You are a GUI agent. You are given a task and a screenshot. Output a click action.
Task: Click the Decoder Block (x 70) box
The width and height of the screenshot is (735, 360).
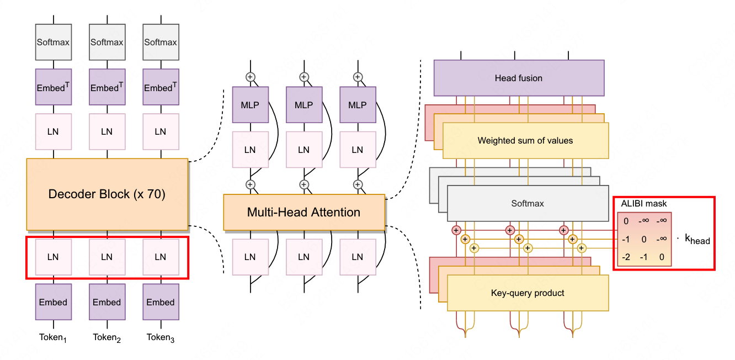(107, 194)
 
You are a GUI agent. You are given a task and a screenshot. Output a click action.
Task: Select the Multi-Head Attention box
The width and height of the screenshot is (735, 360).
(303, 212)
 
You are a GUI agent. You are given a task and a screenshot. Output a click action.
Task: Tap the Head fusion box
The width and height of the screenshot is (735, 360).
(519, 78)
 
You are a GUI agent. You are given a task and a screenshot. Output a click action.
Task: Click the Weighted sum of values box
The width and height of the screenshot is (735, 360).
(525, 140)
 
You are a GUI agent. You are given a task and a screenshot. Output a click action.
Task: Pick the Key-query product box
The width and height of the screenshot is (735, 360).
(527, 293)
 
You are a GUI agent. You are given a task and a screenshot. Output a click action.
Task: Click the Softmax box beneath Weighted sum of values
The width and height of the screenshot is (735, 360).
(527, 203)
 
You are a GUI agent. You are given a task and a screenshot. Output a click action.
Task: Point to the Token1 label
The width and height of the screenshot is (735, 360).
(53, 337)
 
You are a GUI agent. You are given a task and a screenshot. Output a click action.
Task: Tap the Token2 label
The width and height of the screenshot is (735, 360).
(106, 337)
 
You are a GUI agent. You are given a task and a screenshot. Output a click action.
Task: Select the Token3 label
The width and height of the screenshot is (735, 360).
(160, 337)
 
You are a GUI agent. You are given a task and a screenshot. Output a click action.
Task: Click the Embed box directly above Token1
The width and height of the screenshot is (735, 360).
(53, 302)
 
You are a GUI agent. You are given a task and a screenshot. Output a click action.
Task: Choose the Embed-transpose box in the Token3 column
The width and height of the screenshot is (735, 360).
(160, 87)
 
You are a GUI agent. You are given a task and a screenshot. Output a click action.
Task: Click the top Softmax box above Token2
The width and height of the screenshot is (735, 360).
(106, 42)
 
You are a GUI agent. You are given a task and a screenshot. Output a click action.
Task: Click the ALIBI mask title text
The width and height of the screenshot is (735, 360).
(644, 204)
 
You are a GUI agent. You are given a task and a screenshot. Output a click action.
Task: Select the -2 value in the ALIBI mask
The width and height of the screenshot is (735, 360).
(626, 257)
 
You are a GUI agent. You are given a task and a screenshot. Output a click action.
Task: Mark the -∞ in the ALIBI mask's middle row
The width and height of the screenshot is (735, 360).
(662, 240)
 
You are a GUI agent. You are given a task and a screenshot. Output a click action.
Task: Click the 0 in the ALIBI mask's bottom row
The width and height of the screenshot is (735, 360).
(662, 257)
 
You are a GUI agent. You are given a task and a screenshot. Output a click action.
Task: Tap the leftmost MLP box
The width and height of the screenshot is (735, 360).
(250, 105)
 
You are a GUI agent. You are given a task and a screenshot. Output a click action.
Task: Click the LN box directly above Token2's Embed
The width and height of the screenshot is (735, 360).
(106, 257)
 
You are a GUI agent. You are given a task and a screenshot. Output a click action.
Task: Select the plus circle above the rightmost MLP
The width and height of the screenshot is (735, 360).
(358, 77)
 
